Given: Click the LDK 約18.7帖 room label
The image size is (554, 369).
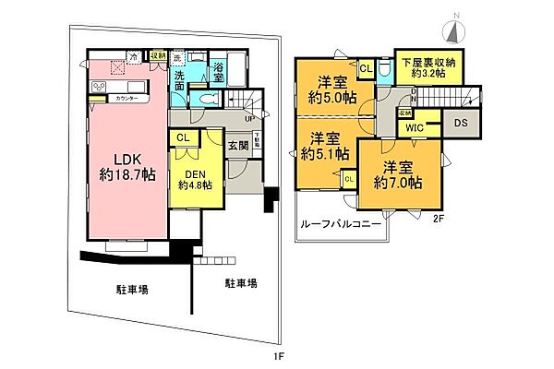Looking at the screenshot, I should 127,163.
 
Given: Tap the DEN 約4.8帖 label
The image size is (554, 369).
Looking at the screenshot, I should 194,177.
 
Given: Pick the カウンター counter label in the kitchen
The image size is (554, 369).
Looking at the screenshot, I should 127,98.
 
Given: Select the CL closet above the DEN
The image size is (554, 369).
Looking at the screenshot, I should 182,138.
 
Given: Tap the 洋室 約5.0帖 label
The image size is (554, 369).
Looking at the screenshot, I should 331,87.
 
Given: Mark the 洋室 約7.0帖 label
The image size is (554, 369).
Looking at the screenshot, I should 398,174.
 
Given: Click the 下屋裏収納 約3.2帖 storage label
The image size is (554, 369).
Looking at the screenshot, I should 426,65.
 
